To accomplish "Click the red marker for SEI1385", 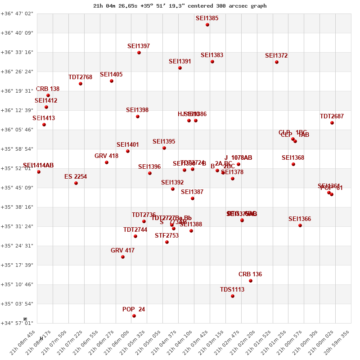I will click(x=207, y=25).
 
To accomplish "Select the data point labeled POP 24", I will click(x=134, y=316).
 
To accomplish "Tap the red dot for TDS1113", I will click(x=233, y=296).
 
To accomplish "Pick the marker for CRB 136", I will click(x=251, y=281).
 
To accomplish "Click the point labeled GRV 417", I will click(x=123, y=257).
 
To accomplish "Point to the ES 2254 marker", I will click(x=76, y=183).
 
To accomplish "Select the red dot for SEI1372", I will click(x=277, y=62).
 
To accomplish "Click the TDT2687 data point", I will click(x=332, y=123).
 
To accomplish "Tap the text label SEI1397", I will click(x=139, y=46).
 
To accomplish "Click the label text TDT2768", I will click(x=81, y=77).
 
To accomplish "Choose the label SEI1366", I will click(x=300, y=219).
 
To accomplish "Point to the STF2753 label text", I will click(x=167, y=235).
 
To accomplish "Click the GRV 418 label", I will click(x=107, y=156).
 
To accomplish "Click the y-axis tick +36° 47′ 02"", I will click(x=17, y=13).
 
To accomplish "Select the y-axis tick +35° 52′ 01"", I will click(x=17, y=168).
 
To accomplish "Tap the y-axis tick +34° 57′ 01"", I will click(x=17, y=323).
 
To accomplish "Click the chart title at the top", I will click(x=180, y=6).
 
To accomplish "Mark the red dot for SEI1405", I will click(x=112, y=81).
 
